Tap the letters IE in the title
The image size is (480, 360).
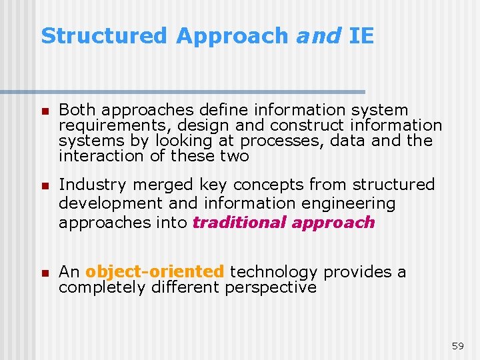click(361, 36)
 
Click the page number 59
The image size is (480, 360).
click(457, 345)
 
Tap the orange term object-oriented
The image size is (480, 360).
click(155, 272)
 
